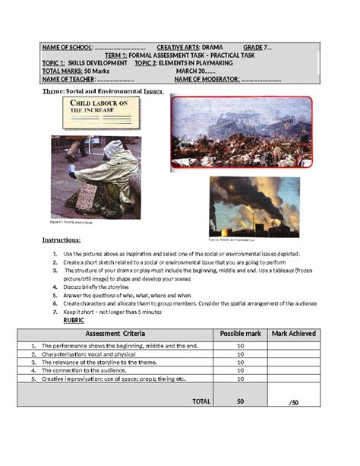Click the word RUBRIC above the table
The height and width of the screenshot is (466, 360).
coord(74,320)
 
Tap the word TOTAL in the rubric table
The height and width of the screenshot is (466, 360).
coord(202,400)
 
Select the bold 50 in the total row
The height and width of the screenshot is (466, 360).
coord(240,400)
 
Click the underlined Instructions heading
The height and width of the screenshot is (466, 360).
coord(66,240)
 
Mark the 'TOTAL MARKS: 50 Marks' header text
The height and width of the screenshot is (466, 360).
coord(77,71)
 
